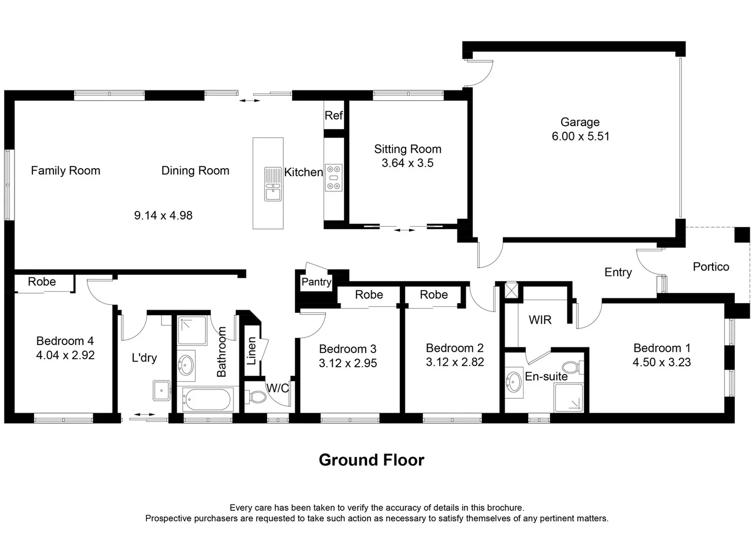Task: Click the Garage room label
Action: click(580, 122)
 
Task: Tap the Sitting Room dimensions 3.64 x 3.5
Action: click(407, 163)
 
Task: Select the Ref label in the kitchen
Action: click(333, 115)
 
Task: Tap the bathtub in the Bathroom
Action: click(207, 400)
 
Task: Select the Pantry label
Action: click(316, 282)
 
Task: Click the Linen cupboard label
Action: click(252, 351)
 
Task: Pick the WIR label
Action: click(540, 320)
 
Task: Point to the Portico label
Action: click(711, 267)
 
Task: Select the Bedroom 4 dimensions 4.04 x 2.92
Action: click(65, 355)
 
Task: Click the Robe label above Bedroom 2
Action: click(434, 295)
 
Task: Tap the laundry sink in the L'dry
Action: click(161, 390)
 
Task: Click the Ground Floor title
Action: click(371, 460)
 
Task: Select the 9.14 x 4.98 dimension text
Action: click(163, 216)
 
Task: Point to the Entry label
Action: click(618, 272)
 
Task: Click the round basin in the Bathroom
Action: click(187, 365)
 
